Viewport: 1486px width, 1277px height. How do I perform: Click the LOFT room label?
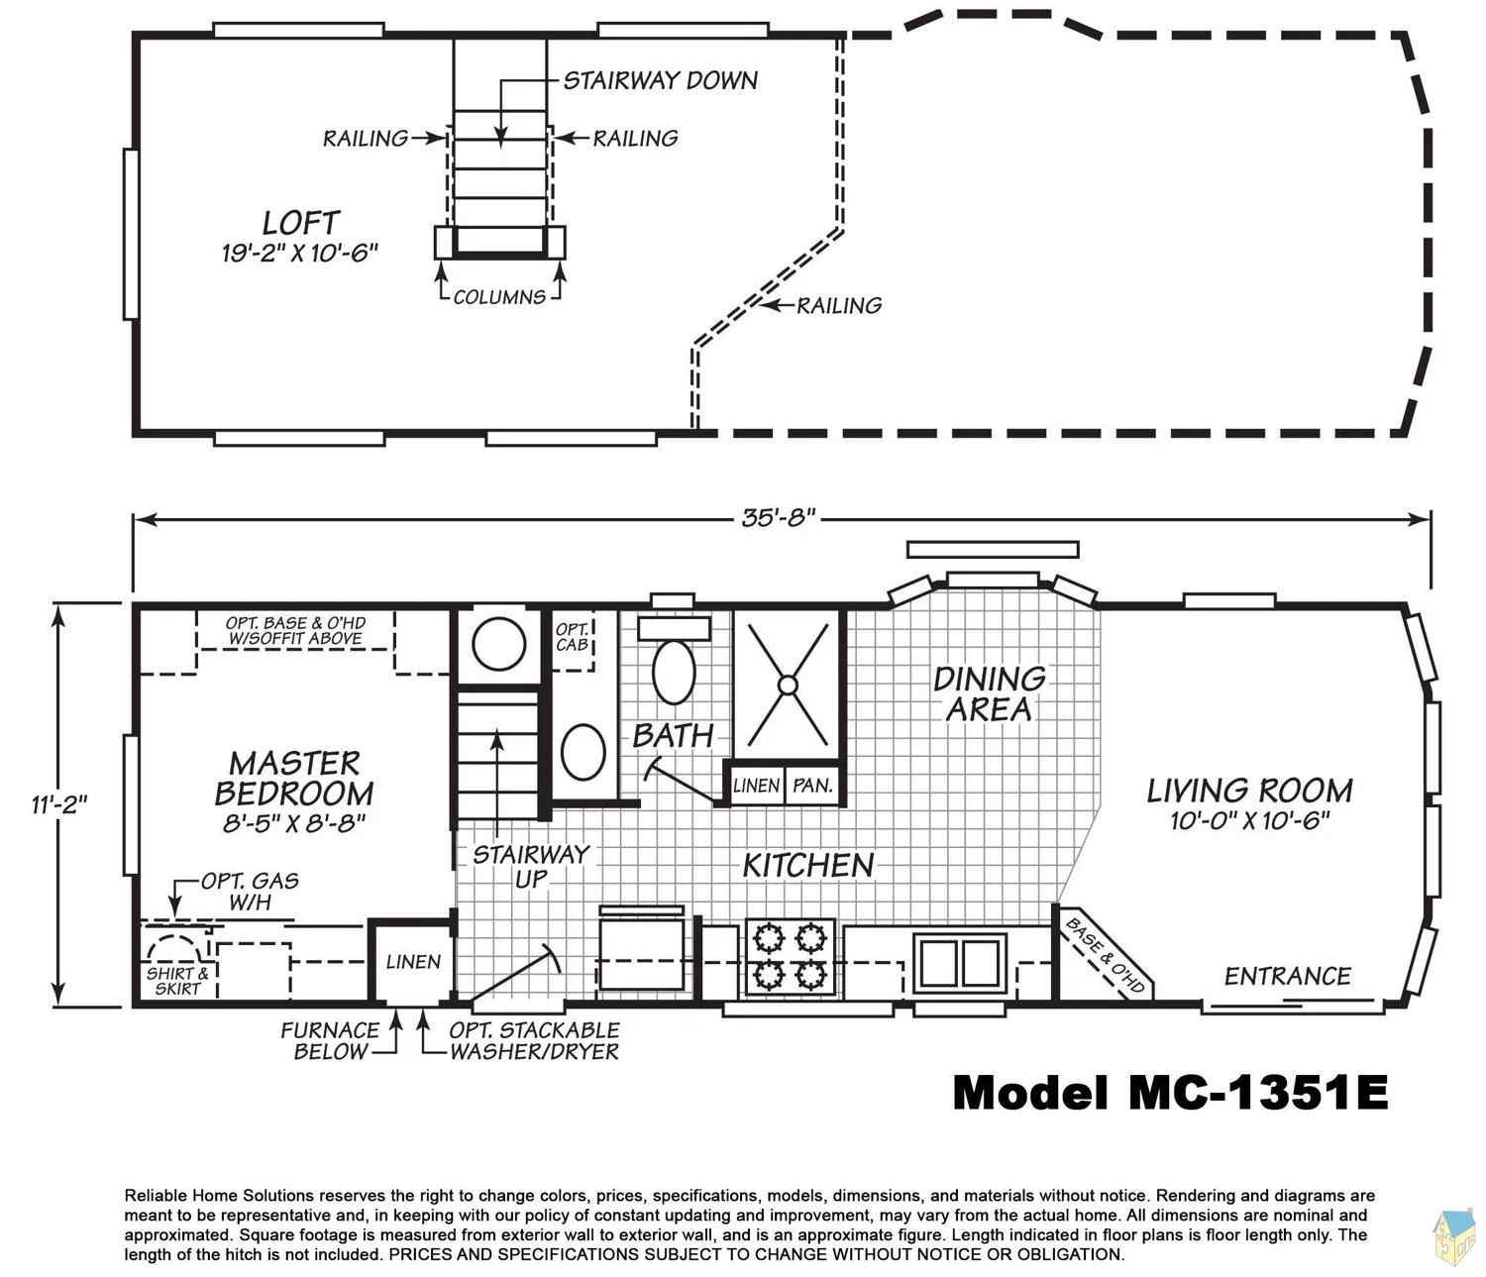point(300,223)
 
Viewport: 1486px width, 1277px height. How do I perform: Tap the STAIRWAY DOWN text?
point(660,80)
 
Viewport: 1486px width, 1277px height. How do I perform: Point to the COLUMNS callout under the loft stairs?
point(499,297)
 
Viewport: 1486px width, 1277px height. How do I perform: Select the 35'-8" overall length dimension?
point(779,518)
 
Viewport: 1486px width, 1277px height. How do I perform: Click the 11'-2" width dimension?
point(59,803)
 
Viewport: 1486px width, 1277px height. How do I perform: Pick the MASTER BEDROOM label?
point(294,778)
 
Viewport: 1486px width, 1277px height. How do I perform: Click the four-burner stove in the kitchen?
point(791,956)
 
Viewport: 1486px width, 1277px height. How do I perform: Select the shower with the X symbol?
point(788,685)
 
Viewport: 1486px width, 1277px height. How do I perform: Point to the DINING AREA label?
point(990,693)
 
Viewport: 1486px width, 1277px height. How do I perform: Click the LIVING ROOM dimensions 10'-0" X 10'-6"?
point(1249,820)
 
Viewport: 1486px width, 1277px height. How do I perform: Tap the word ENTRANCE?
point(1288,976)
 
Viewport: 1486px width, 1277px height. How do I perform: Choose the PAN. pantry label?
point(812,786)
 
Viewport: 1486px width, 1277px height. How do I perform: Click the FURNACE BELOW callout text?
point(330,1040)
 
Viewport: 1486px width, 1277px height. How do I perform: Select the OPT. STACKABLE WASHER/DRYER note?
point(534,1040)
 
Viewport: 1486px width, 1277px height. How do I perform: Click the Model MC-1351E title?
point(1170,1094)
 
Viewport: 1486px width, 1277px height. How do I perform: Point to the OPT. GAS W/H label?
point(250,891)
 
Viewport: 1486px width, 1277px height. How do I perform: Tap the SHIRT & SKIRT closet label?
point(177,981)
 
